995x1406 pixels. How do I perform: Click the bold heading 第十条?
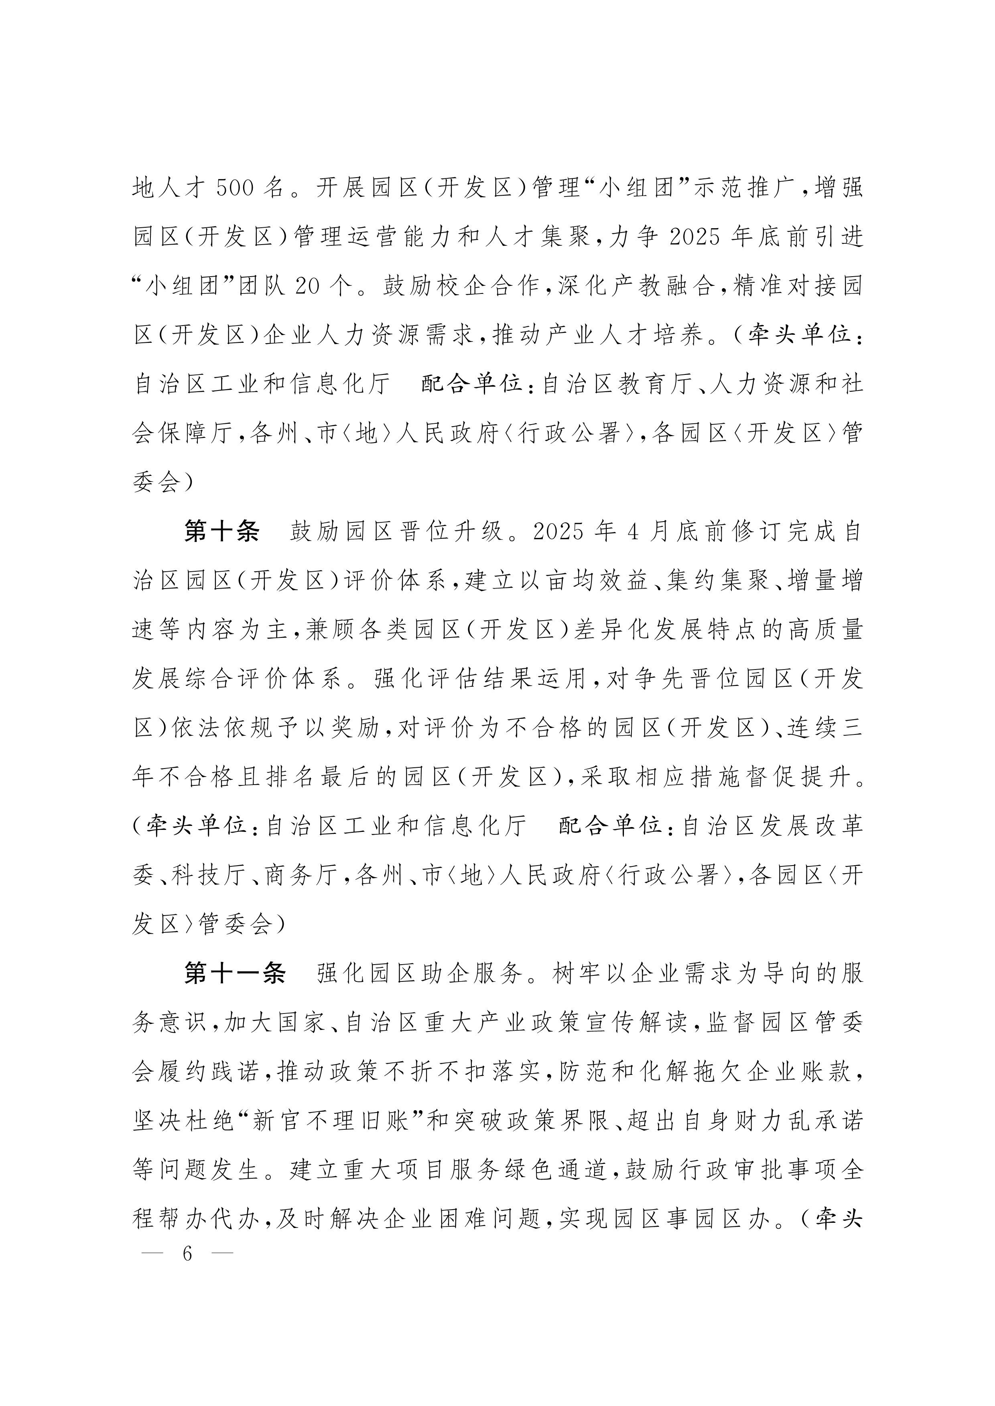pos(222,532)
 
